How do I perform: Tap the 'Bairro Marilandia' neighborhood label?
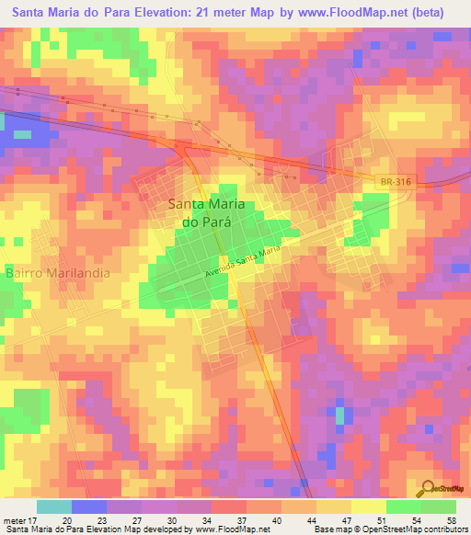pyautogui.click(x=58, y=274)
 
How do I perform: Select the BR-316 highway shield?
pyautogui.click(x=394, y=183)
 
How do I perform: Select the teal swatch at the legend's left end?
pyautogui.click(x=54, y=507)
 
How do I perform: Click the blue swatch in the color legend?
pyautogui.click(x=89, y=507)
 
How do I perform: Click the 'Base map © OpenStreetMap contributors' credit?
pyautogui.click(x=390, y=529)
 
